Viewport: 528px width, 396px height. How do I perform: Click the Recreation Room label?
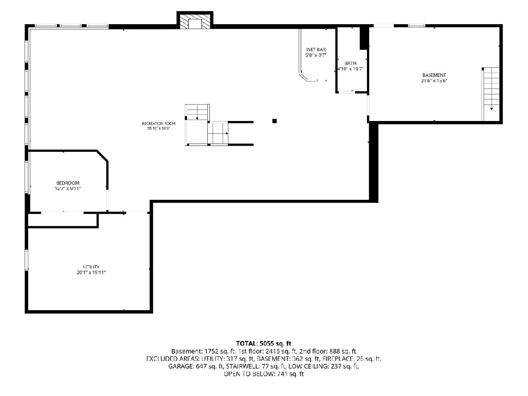(x=158, y=124)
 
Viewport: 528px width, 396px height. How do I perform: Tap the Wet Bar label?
(x=316, y=50)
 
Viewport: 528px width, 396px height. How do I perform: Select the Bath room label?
(x=351, y=63)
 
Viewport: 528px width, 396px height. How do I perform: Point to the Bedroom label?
(x=68, y=183)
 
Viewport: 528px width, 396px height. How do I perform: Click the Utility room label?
(x=91, y=267)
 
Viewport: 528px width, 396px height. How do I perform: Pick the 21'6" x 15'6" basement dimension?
(x=434, y=81)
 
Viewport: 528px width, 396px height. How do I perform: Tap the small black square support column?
(x=275, y=121)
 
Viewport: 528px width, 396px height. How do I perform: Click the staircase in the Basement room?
(x=491, y=94)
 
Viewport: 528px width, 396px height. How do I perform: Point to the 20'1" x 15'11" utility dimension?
(x=91, y=272)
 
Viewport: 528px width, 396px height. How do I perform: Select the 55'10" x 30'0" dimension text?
(x=158, y=128)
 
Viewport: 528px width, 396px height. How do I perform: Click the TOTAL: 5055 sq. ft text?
(x=264, y=343)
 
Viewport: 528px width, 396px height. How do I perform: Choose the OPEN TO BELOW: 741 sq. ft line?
(x=264, y=374)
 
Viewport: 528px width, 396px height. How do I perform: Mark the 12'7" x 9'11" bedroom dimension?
(x=68, y=188)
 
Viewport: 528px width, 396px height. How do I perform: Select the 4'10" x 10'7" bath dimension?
(x=351, y=69)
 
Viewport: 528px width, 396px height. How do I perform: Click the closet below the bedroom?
(x=63, y=220)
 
